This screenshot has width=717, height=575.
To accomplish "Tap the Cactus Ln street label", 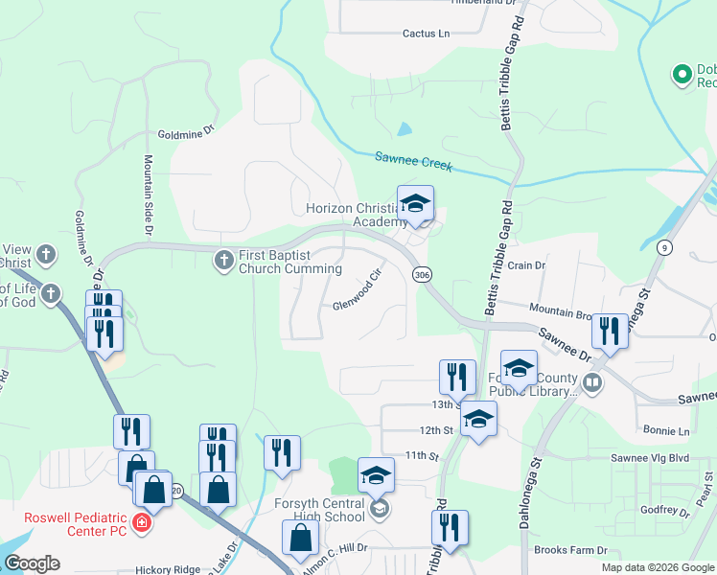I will (x=426, y=34).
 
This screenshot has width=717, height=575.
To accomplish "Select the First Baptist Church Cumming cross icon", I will (x=223, y=259).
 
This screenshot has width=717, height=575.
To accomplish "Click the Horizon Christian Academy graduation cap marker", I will (x=415, y=204).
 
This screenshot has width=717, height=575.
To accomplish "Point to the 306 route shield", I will (x=422, y=275).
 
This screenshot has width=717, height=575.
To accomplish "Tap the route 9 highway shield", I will (x=663, y=247).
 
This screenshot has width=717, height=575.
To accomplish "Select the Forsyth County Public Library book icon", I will (x=593, y=383).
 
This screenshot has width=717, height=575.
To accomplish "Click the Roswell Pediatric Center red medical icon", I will (x=141, y=523).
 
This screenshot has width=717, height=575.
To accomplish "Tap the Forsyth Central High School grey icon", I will (x=380, y=508).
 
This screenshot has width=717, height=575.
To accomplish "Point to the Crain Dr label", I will (x=526, y=265).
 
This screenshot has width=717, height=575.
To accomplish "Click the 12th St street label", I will (x=434, y=430).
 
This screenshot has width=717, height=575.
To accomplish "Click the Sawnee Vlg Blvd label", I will (x=655, y=458).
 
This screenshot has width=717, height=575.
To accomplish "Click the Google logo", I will (x=32, y=563).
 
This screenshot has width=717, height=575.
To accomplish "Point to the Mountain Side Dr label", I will (x=150, y=195).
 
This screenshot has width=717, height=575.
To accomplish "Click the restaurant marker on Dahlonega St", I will (x=609, y=332).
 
